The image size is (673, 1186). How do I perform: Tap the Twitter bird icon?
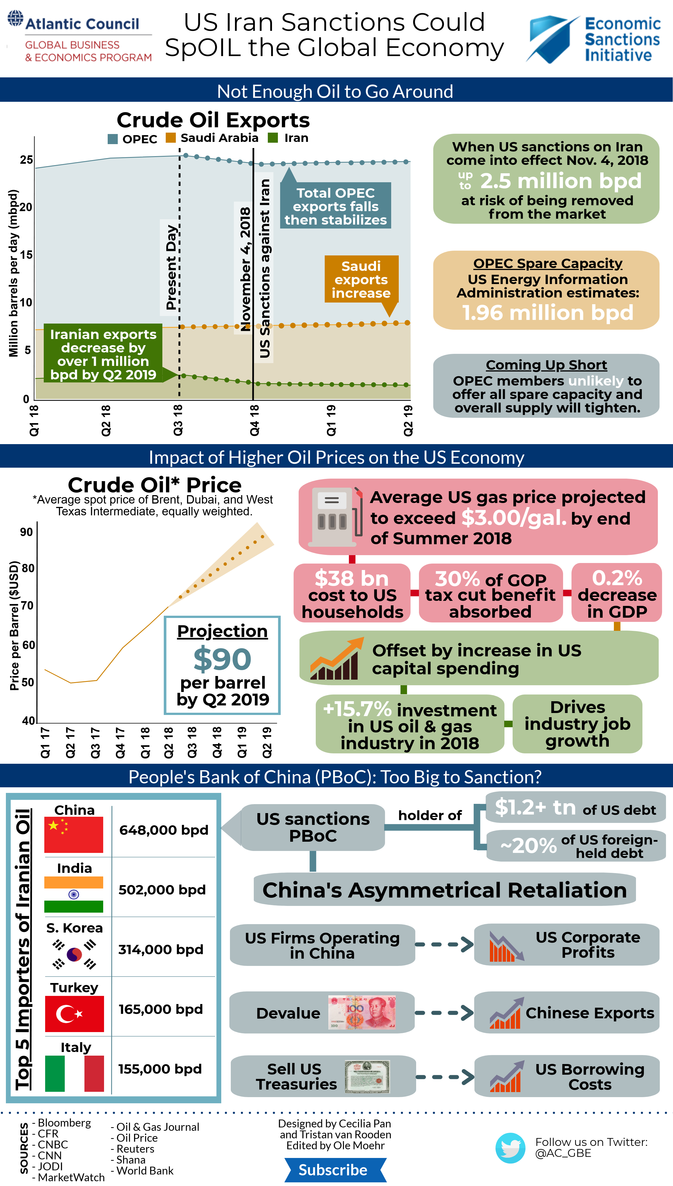[x=510, y=1147]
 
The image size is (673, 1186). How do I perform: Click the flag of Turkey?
[x=74, y=1014]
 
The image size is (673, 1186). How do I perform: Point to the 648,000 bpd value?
[x=164, y=830]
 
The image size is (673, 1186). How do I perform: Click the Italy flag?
[x=74, y=1073]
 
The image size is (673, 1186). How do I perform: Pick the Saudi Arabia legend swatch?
[x=170, y=138]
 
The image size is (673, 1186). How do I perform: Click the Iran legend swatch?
[x=273, y=138]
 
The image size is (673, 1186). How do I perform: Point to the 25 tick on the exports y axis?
[x=26, y=160]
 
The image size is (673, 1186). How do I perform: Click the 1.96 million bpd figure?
[x=547, y=313]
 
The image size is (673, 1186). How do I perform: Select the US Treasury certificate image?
[x=367, y=1076]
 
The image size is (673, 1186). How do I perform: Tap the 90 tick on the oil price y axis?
[x=26, y=532]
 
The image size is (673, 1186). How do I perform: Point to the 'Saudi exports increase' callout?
[x=361, y=280]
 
